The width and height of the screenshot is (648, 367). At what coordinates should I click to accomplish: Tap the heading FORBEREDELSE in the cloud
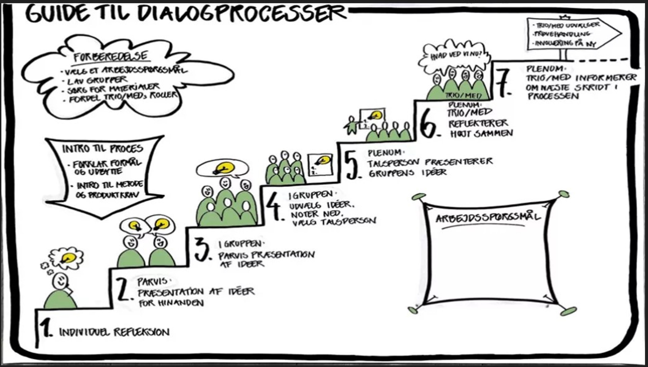coord(111,57)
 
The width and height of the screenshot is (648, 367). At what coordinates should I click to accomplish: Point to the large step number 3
coord(202,250)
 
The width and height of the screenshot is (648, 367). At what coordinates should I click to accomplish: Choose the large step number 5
coord(352,165)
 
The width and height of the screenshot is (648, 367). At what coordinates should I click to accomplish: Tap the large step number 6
coord(428,124)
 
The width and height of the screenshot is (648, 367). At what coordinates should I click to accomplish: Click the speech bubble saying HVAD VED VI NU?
coord(455,56)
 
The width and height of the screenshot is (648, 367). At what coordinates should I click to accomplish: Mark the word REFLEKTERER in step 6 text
coord(478,123)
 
